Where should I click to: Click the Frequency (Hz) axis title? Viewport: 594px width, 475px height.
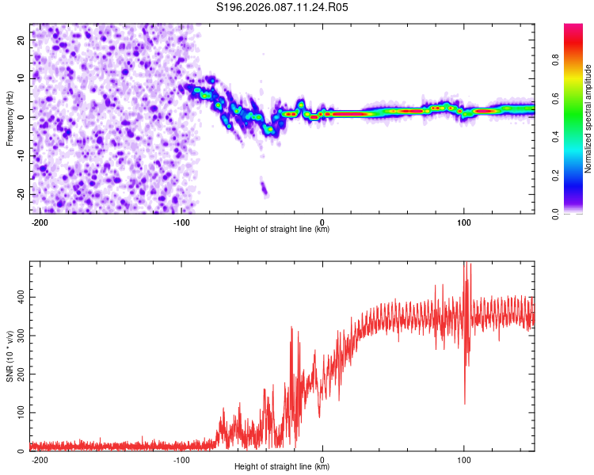(x=10, y=118)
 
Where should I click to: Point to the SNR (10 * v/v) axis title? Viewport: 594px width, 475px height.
(x=10, y=356)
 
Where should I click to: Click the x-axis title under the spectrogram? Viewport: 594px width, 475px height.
(x=282, y=230)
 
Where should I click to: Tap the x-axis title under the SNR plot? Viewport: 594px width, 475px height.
(x=282, y=467)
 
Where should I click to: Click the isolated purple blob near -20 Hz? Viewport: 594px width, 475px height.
(x=265, y=188)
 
